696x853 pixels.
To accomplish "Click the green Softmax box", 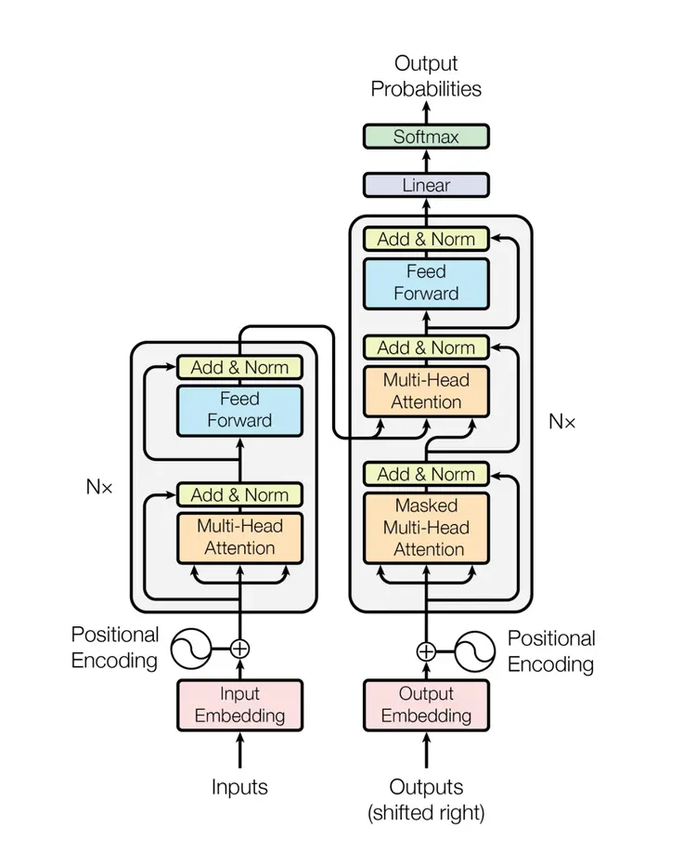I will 426,137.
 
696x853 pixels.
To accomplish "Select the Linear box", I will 426,185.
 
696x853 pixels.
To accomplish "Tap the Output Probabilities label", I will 426,76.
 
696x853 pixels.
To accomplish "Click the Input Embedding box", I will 239,705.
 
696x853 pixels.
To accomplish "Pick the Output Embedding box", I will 426,705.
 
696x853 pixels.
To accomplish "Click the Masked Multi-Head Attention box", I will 426,528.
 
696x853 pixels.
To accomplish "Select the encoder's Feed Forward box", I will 239,409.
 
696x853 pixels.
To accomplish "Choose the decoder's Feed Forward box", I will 426,282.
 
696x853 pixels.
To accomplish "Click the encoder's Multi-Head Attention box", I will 239,537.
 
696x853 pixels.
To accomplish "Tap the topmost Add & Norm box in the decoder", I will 426,239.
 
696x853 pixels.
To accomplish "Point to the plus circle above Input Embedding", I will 239,649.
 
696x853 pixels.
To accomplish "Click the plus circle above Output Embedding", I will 426,650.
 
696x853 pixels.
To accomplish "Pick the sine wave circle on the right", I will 472,650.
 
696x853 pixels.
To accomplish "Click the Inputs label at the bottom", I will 239,787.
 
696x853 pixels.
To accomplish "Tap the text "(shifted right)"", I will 426,813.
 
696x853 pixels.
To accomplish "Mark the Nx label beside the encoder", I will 99,487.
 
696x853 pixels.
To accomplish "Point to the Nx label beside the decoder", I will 561,421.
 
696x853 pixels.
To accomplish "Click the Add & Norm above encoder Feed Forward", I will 239,367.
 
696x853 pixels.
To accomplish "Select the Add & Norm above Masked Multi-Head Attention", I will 426,474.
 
